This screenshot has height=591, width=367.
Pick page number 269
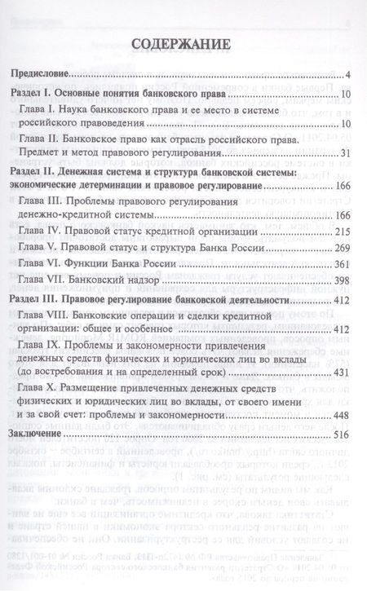(341, 249)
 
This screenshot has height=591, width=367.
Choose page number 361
(341, 265)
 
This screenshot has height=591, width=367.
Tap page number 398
(341, 281)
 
